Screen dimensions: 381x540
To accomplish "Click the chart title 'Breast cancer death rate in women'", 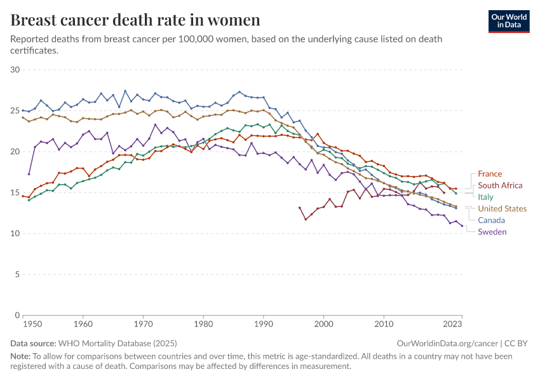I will [x=135, y=20].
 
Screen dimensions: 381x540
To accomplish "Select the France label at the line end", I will [x=490, y=173].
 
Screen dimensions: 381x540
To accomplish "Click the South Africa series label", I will [x=500, y=185].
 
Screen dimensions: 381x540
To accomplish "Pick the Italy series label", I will [x=485, y=197].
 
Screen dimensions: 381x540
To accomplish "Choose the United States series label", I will [x=502, y=208].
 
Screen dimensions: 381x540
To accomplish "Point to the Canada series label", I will [x=491, y=220].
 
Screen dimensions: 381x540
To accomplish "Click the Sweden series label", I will [x=492, y=232].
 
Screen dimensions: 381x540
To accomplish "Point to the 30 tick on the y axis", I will [x=16, y=70].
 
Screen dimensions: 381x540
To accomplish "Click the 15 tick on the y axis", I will [x=16, y=192].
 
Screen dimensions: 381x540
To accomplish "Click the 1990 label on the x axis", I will [x=264, y=324].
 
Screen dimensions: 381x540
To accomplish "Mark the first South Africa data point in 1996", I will [x=300, y=208].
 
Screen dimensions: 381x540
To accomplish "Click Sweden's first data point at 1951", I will [x=29, y=174].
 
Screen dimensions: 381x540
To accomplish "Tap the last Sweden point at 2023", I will [x=462, y=225].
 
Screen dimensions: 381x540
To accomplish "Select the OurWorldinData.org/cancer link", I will [x=445, y=343].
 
